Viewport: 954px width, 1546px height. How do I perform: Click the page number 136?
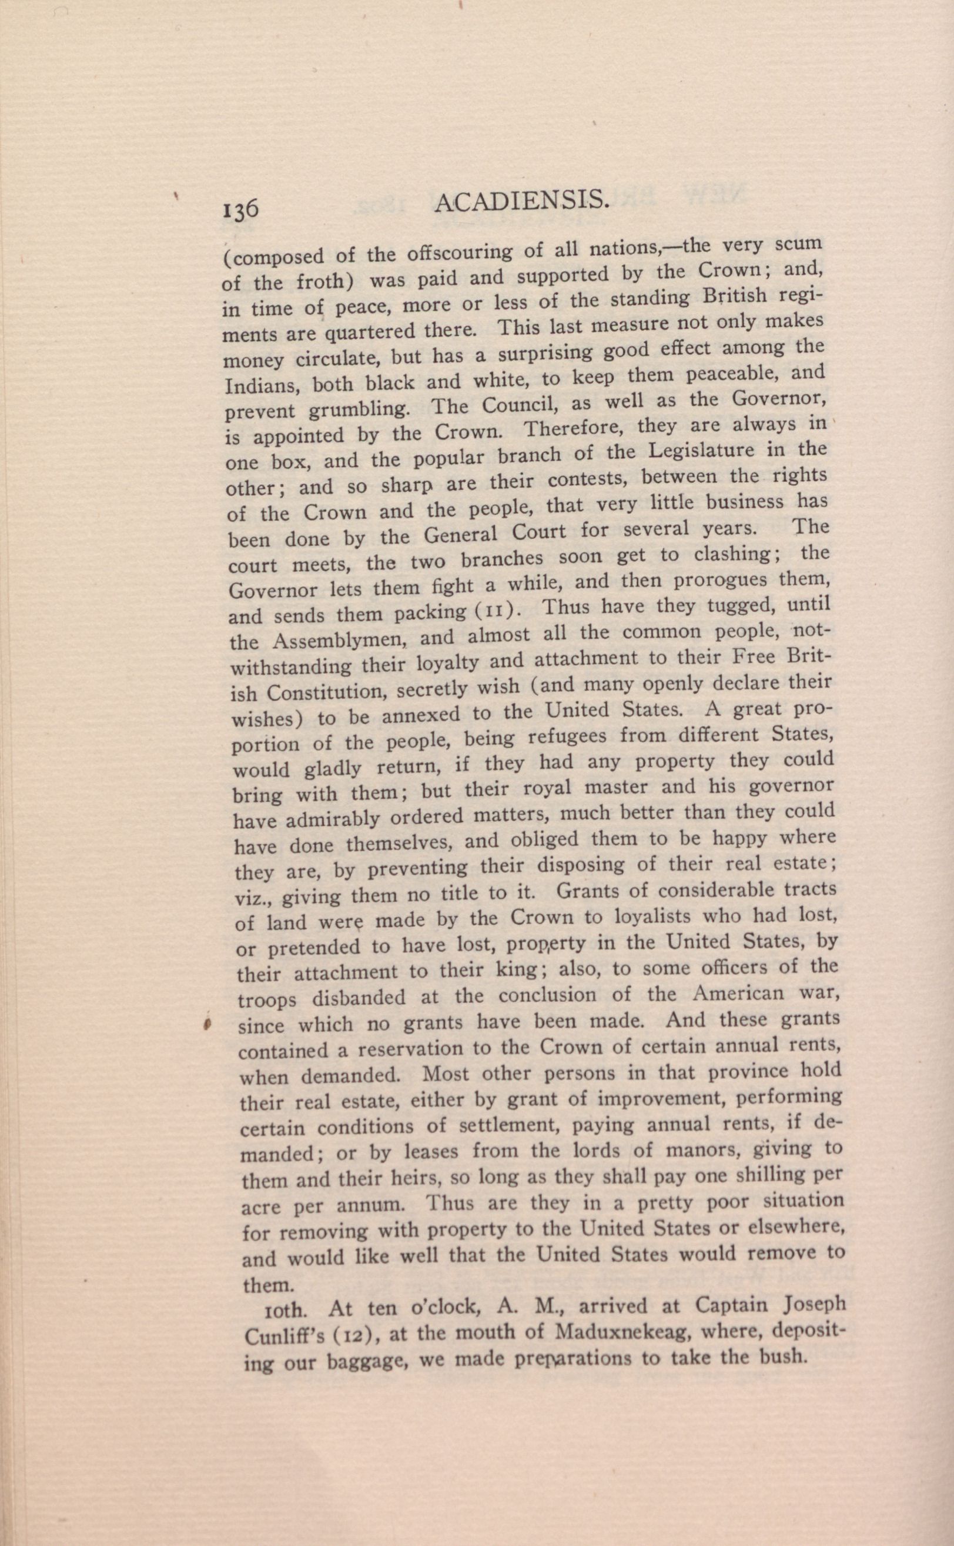[240, 209]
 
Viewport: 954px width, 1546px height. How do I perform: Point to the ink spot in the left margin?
[206, 1025]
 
